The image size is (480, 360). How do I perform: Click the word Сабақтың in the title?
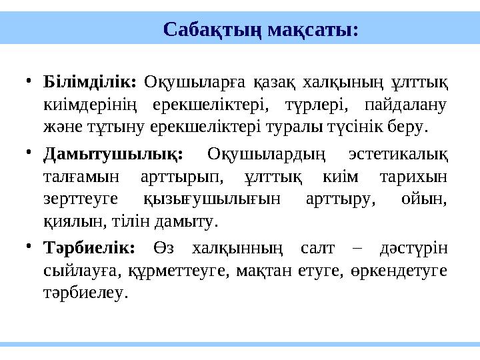(212, 30)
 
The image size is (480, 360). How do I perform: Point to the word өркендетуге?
(404, 271)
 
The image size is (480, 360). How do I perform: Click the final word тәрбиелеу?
(83, 292)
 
